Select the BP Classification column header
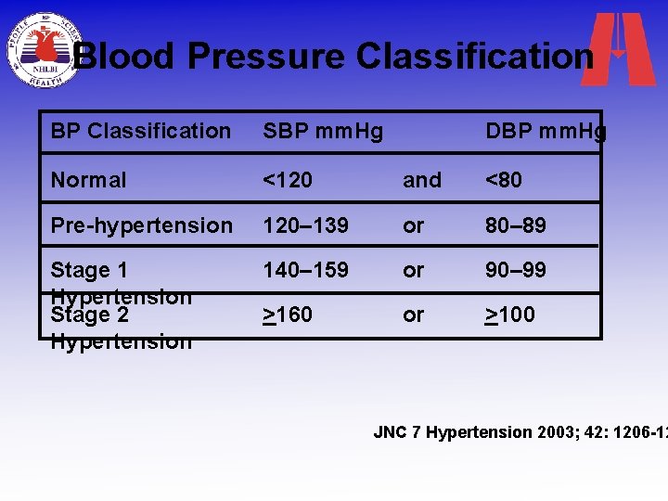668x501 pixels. pos(140,132)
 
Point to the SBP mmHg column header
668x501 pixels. pos(323,132)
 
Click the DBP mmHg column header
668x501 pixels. pos(546,132)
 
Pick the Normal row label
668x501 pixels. pos(88,180)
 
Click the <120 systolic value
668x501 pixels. pos(288,180)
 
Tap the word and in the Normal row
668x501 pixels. pos(422,180)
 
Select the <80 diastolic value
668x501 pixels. pos(504,180)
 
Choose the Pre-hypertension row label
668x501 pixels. pos(141,225)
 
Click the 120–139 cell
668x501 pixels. pos(306,225)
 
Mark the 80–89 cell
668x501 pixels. pos(516,225)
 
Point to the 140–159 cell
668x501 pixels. pos(306,270)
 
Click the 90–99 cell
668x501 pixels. pos(516,270)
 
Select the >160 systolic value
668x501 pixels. pos(288,315)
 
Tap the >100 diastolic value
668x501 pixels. pos(510,315)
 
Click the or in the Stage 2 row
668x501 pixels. pos(413,315)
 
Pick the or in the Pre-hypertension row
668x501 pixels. pos(413,225)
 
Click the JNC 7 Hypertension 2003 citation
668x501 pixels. pos(520,432)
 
